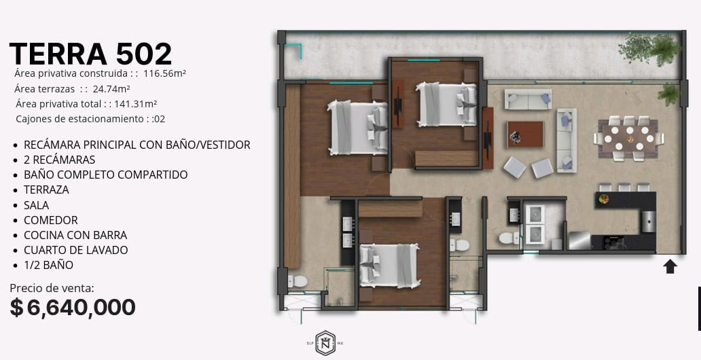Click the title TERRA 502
pyautogui.click(x=90, y=54)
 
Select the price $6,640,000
pyautogui.click(x=73, y=308)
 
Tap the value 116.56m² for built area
pyautogui.click(x=164, y=73)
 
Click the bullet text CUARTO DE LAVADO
pyautogui.click(x=76, y=250)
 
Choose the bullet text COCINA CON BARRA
pyautogui.click(x=75, y=235)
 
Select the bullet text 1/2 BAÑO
pyautogui.click(x=49, y=265)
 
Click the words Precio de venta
pyautogui.click(x=52, y=288)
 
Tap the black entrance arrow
pyautogui.click(x=670, y=267)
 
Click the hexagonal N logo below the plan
pyautogui.click(x=325, y=343)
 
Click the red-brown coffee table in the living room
pyautogui.click(x=525, y=134)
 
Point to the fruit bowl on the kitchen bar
pyautogui.click(x=604, y=199)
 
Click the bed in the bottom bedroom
pyautogui.click(x=389, y=266)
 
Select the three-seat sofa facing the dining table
pyautogui.click(x=567, y=140)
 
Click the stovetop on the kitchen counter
pyautogui.click(x=610, y=242)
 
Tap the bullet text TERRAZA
pyautogui.click(x=46, y=190)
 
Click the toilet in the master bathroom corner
pyautogui.click(x=298, y=281)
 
